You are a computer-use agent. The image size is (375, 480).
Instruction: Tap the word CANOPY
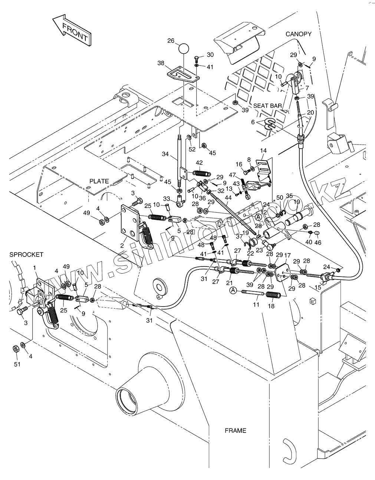298,34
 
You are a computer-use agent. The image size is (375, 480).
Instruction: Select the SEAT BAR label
267,106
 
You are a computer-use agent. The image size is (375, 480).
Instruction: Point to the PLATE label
99,181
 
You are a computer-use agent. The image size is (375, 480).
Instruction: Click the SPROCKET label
26,255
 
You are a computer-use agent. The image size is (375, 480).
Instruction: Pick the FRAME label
235,430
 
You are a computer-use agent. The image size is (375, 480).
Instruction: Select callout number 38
161,63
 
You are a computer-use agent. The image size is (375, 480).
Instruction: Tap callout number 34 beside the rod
165,154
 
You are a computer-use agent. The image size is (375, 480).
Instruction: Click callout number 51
17,364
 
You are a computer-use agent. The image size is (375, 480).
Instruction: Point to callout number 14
263,151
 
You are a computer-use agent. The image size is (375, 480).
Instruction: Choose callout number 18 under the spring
271,306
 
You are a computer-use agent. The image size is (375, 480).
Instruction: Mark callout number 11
256,305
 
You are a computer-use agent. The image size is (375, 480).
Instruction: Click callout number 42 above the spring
199,163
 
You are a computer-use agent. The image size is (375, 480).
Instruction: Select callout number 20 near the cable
310,113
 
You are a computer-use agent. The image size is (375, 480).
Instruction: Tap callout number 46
318,243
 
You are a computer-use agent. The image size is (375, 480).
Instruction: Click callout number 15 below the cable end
318,287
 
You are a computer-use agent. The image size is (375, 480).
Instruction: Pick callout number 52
192,149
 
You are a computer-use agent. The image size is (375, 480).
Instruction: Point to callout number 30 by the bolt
210,55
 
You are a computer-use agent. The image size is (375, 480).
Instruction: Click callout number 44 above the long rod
228,198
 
